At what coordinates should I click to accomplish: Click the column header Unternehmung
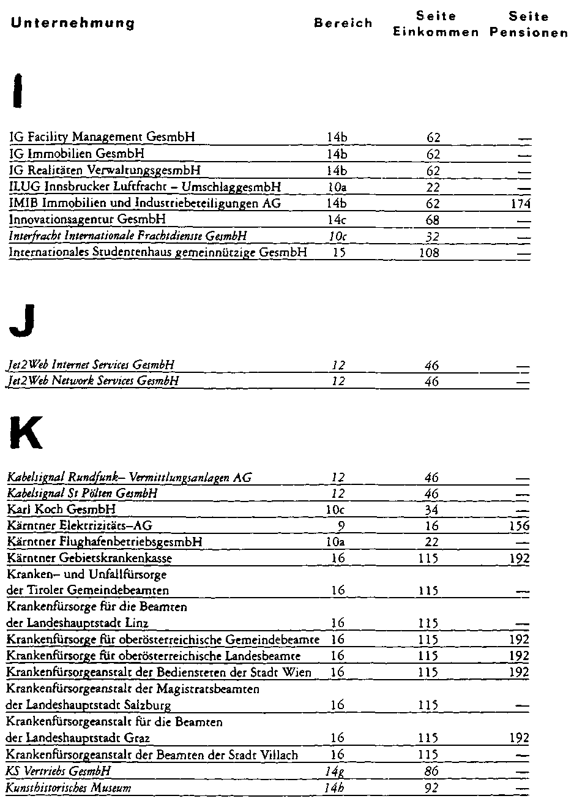[73, 23]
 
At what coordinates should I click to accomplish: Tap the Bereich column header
[343, 23]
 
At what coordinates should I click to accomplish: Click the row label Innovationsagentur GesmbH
[88, 219]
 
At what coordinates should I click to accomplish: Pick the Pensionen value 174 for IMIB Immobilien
[521, 203]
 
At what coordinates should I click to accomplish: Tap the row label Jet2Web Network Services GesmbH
[93, 381]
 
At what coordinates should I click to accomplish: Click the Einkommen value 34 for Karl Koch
[432, 509]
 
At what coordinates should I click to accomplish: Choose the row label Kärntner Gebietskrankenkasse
[89, 558]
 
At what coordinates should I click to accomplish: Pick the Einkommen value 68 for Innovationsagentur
[433, 219]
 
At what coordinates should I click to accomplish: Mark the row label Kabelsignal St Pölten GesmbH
[82, 494]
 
